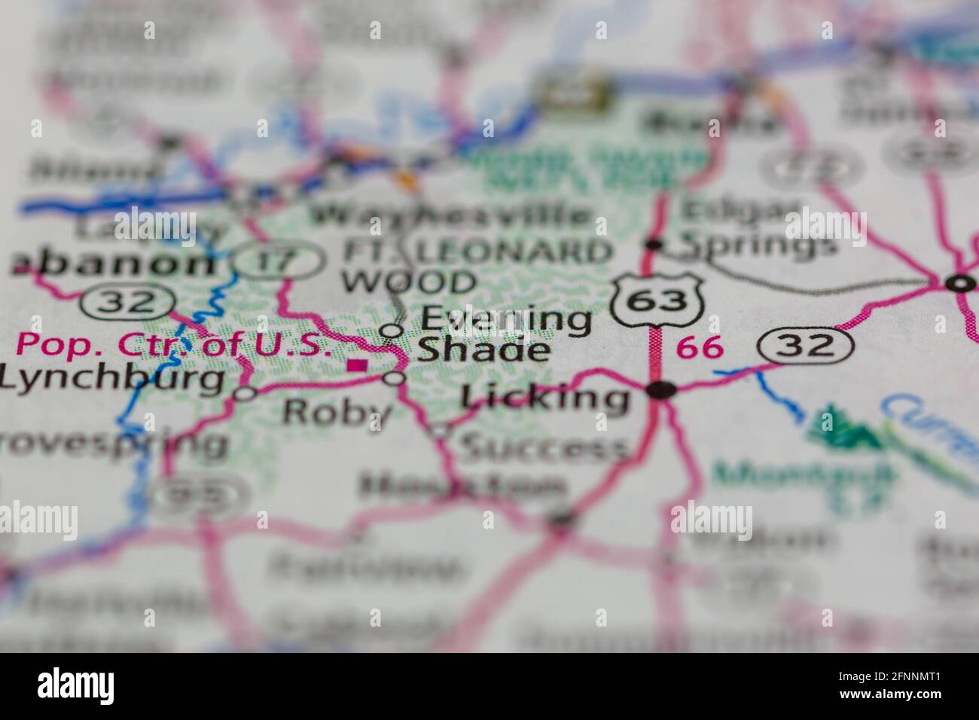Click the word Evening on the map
point(505,319)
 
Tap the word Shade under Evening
point(483,350)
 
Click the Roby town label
point(337,412)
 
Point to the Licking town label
point(545,398)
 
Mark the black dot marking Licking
point(663,389)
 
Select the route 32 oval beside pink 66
point(805,346)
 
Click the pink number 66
point(700,347)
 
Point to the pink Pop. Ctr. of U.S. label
point(174,345)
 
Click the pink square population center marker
point(357,366)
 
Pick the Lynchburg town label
point(113,380)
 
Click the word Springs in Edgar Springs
point(759,245)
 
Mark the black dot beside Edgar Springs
point(654,244)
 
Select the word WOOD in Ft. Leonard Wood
point(408,283)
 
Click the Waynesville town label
point(451,215)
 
